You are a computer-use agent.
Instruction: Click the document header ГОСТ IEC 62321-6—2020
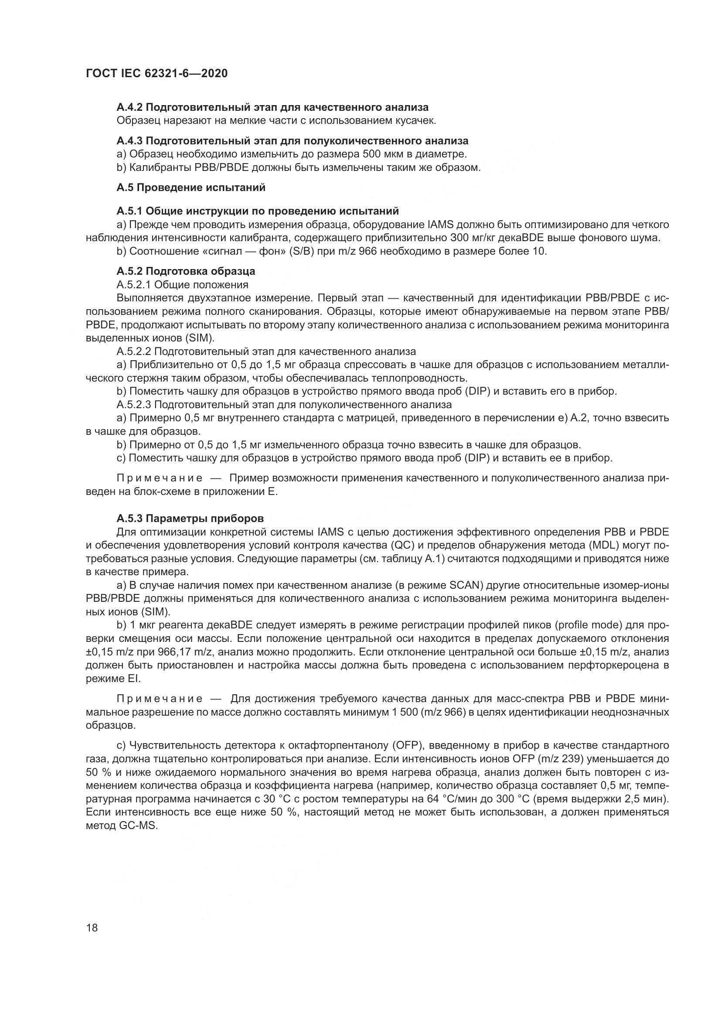(156, 73)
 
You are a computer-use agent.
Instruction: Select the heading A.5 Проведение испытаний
(191, 188)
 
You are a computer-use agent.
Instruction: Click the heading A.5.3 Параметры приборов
(190, 519)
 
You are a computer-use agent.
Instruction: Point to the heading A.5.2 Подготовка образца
(186, 271)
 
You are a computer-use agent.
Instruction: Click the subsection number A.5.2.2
(134, 351)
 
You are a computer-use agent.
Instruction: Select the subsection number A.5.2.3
(134, 405)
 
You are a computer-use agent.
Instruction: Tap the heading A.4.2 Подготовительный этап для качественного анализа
(272, 107)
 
